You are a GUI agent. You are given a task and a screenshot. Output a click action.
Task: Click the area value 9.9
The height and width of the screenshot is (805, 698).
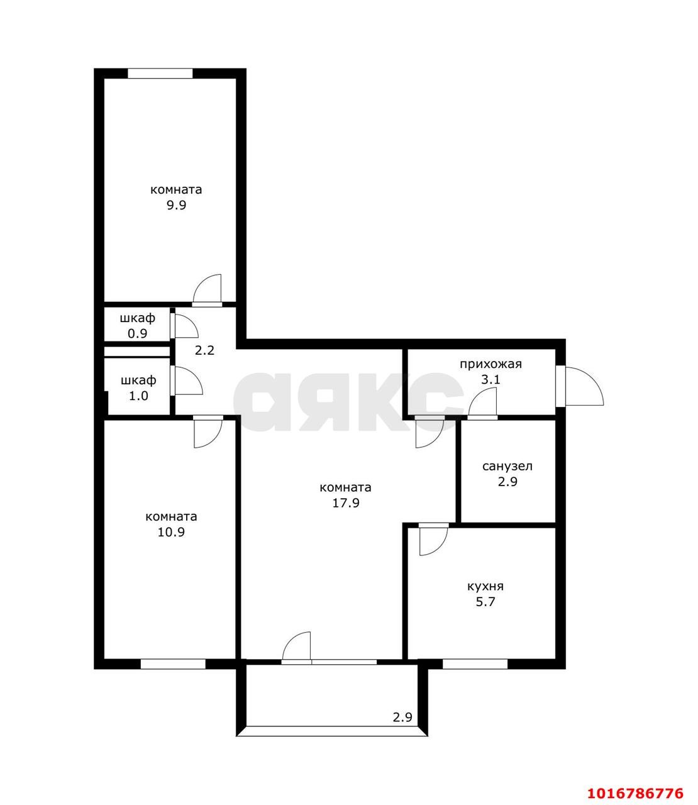[x=177, y=205]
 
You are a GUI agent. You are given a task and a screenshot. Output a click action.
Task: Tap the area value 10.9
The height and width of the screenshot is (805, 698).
[x=171, y=532]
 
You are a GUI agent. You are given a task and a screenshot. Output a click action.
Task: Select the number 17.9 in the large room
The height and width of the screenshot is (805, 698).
[x=345, y=502]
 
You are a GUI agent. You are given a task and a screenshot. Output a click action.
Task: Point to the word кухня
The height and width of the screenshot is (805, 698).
[x=485, y=586]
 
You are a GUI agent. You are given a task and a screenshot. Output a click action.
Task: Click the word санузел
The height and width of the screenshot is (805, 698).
[x=507, y=466]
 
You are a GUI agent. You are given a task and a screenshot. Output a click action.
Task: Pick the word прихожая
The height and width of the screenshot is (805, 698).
[x=490, y=365]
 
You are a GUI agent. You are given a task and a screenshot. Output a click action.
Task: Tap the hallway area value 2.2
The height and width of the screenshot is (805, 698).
[x=204, y=350]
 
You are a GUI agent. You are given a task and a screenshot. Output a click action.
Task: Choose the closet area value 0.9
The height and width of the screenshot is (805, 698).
[x=138, y=334]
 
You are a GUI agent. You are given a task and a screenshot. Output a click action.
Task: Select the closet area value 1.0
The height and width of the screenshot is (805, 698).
[x=139, y=396]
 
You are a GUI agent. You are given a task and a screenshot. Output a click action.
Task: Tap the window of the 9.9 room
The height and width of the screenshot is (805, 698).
[x=160, y=73]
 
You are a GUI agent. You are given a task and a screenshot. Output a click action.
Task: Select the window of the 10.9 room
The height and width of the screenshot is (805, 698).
[x=173, y=663]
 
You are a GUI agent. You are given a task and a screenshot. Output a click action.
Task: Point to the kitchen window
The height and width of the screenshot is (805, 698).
[x=475, y=663]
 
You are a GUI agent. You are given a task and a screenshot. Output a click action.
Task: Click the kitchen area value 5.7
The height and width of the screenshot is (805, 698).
[x=485, y=602]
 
